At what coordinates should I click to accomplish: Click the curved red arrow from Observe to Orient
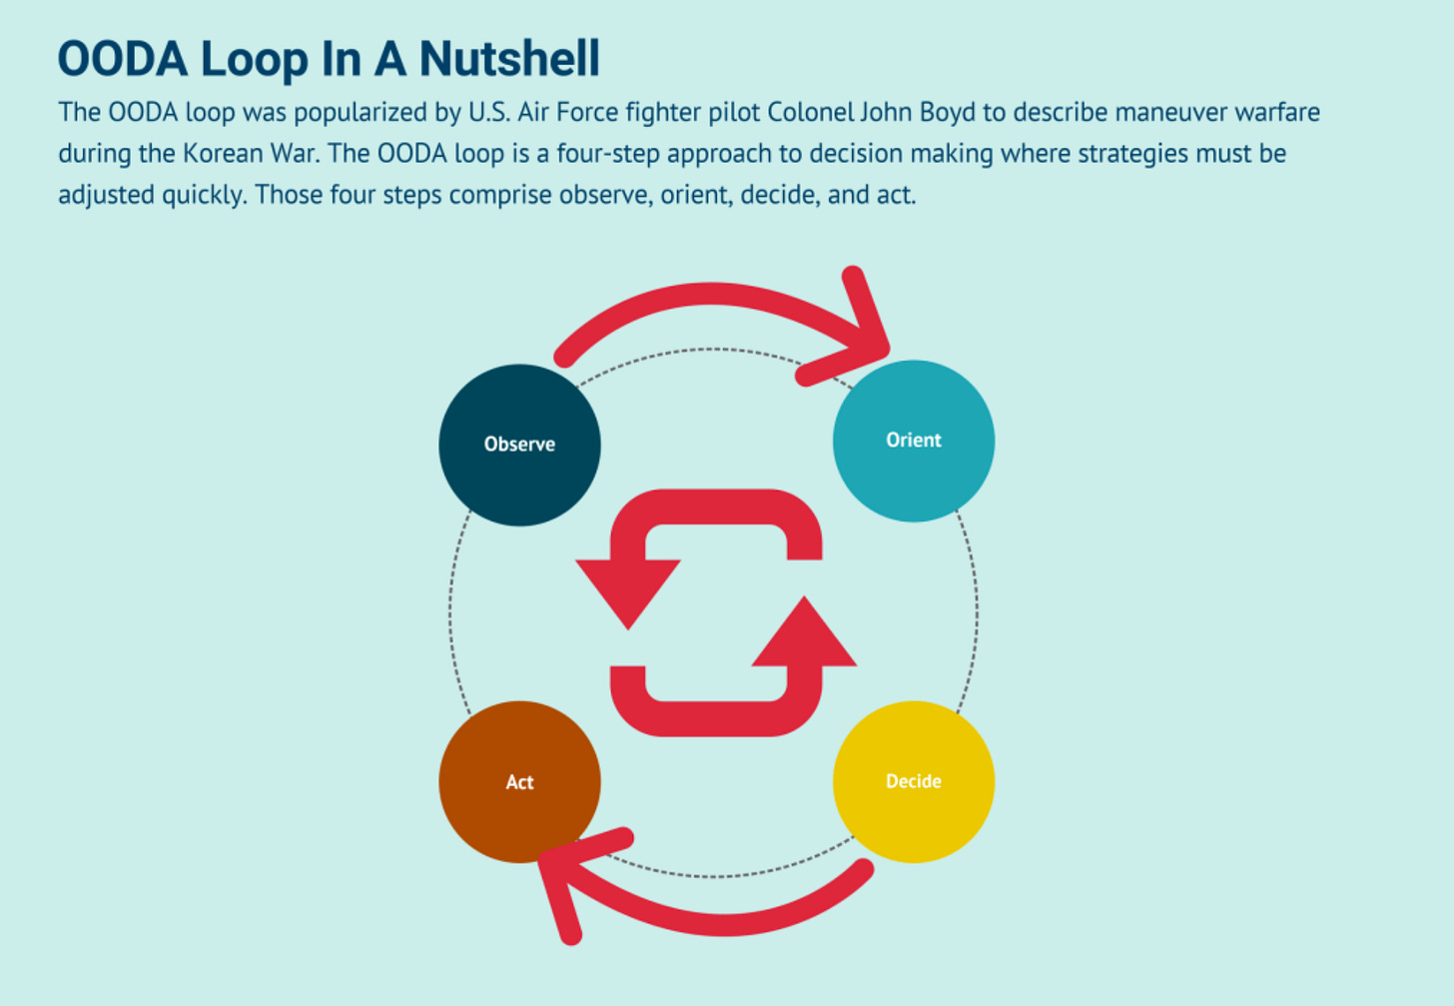click(x=709, y=296)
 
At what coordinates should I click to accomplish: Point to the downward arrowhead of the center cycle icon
click(x=628, y=589)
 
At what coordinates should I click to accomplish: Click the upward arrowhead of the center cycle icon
click(x=804, y=636)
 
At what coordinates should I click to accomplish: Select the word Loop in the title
click(x=255, y=59)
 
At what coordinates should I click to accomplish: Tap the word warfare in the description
click(x=1277, y=112)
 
